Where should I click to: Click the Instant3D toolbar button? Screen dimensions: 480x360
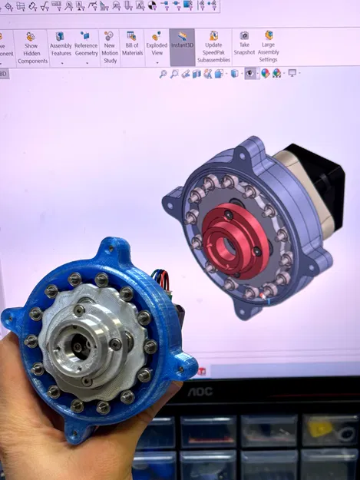click(181, 44)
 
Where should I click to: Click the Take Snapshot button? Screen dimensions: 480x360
click(244, 44)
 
